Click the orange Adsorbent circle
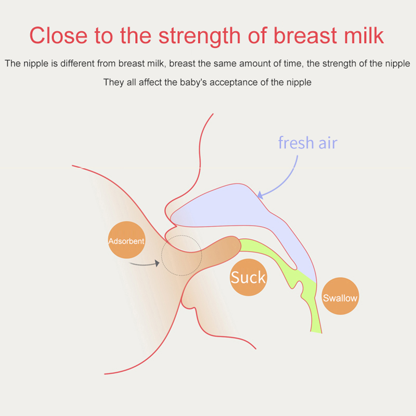[x=126, y=240]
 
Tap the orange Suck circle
[x=249, y=277]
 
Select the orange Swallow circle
[x=340, y=296]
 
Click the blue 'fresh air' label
[x=308, y=142]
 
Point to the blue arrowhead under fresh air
[x=261, y=195]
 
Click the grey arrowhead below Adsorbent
[x=157, y=263]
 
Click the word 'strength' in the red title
[x=200, y=35]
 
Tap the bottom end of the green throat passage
[x=316, y=332]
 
